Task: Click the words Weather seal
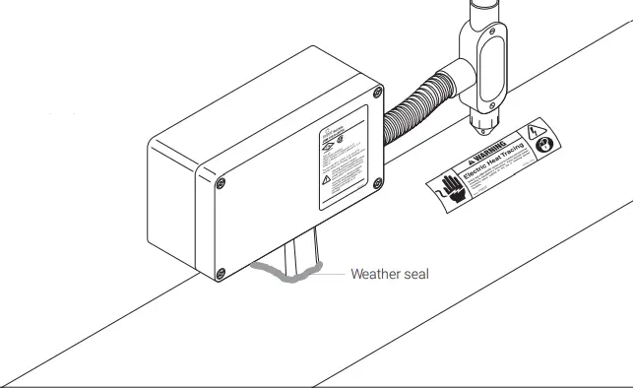(390, 274)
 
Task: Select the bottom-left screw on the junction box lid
(221, 273)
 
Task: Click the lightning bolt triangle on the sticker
(536, 131)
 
